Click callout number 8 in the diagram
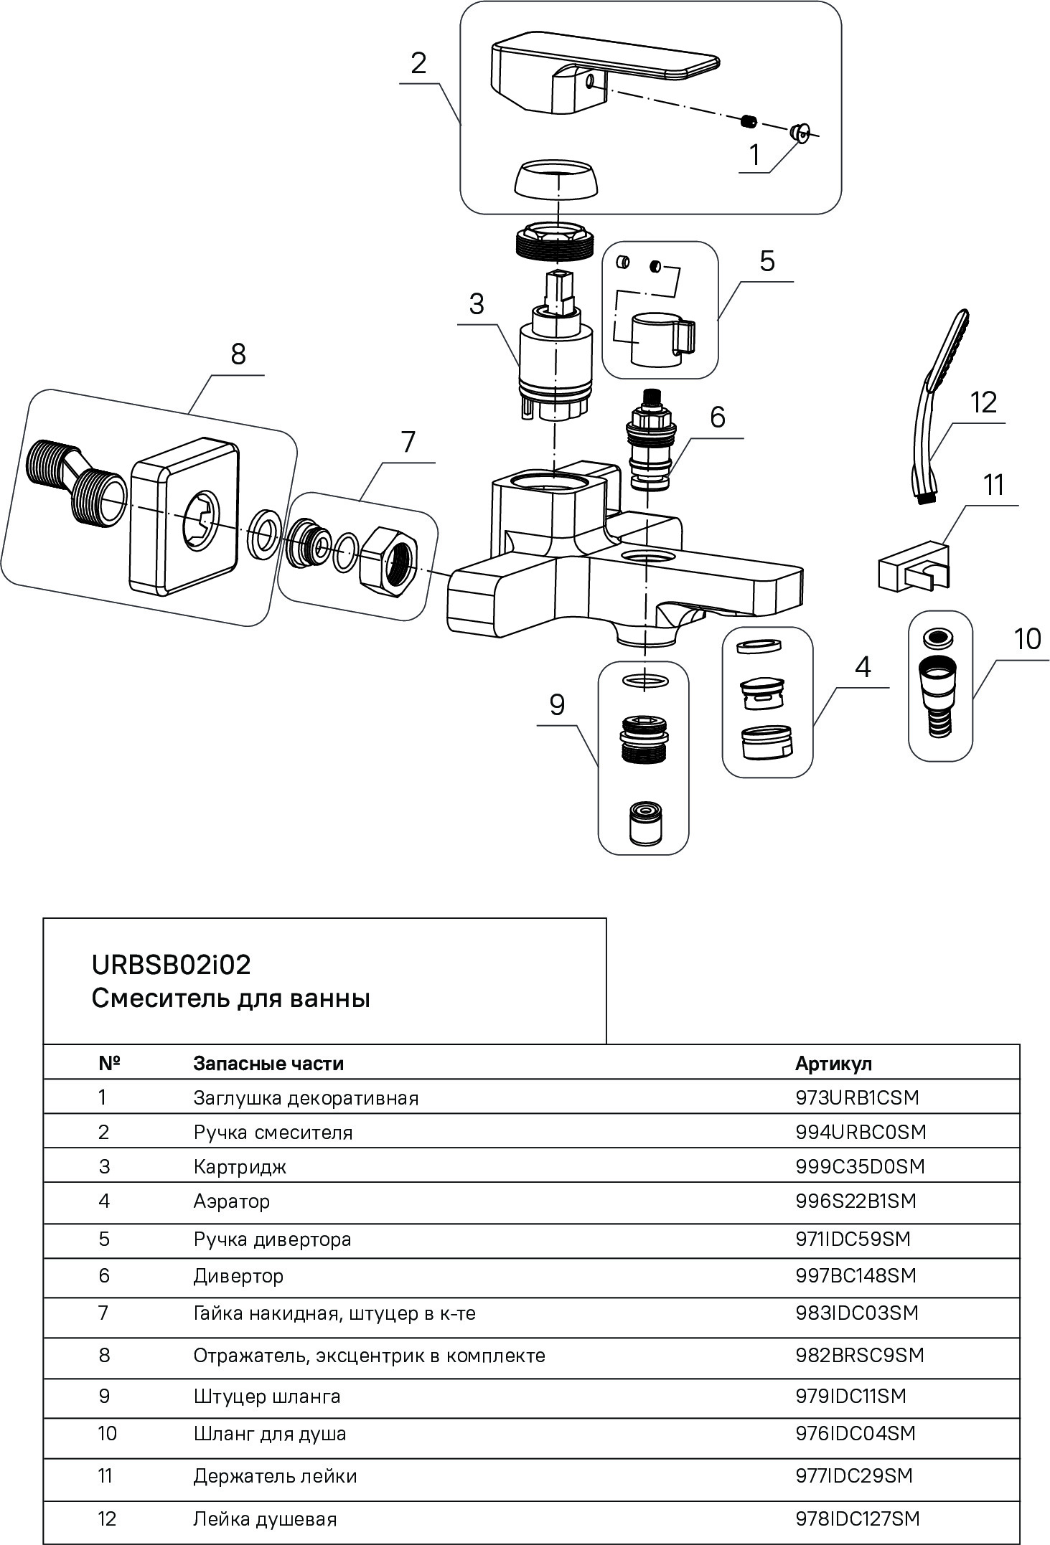238,354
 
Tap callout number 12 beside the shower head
983,402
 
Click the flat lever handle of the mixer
603,72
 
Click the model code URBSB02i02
172,965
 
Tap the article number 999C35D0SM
860,1167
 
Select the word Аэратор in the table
231,1201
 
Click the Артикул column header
833,1063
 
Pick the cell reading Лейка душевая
264,1519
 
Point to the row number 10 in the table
107,1434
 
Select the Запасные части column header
268,1063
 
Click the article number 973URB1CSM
857,1097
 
